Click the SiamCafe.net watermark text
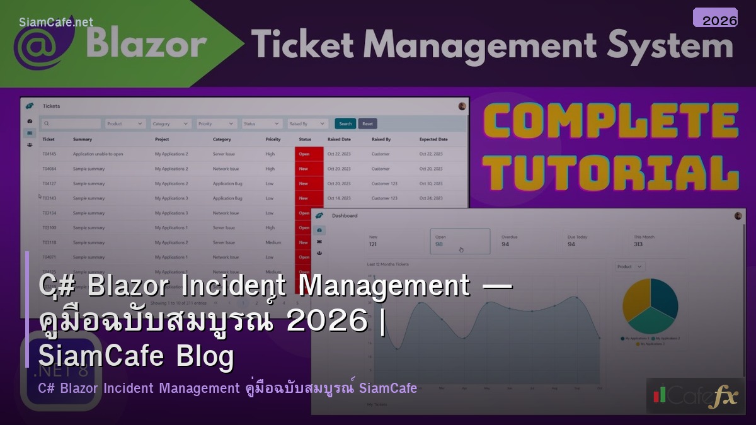[x=56, y=22]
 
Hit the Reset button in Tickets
[x=367, y=124]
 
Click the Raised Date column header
[x=339, y=139]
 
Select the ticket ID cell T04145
[x=49, y=154]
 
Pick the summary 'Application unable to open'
[x=98, y=154]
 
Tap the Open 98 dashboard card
[x=459, y=241]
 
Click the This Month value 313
[x=638, y=244]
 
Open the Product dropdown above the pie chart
[x=630, y=267]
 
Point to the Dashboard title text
[x=345, y=215]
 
